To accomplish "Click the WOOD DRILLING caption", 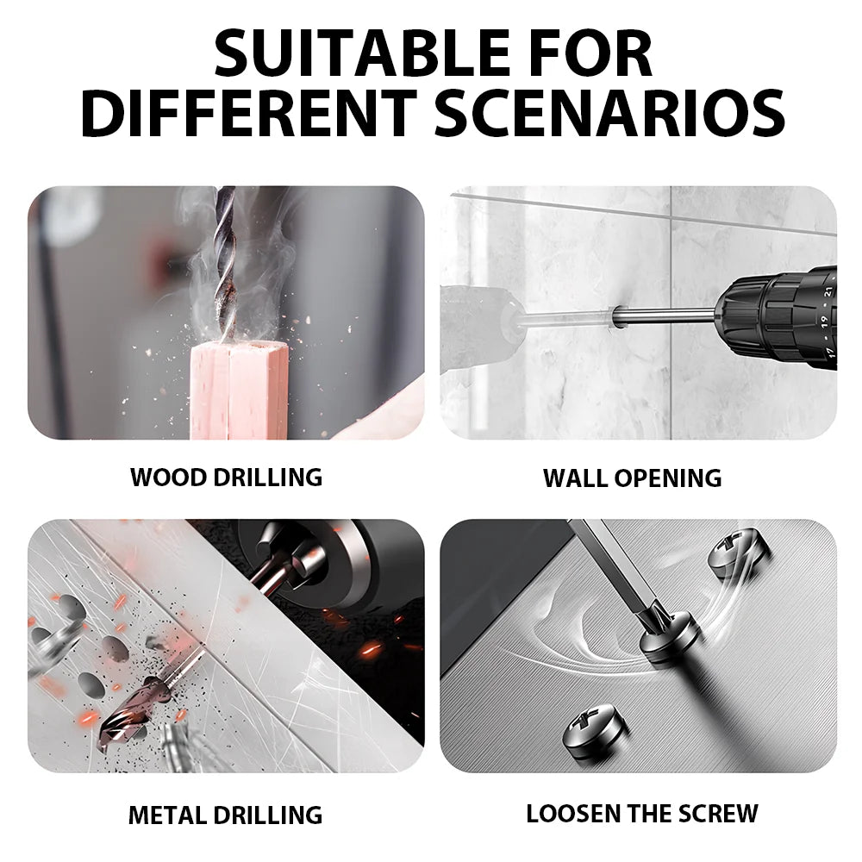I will click(x=226, y=477).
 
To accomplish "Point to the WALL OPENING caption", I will click(x=632, y=478).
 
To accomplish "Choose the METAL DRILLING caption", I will click(x=225, y=814).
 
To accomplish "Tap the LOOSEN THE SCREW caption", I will click(x=642, y=813).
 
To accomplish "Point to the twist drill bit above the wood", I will click(x=227, y=259).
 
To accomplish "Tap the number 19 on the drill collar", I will click(x=823, y=319).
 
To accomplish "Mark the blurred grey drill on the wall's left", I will click(x=478, y=328).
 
